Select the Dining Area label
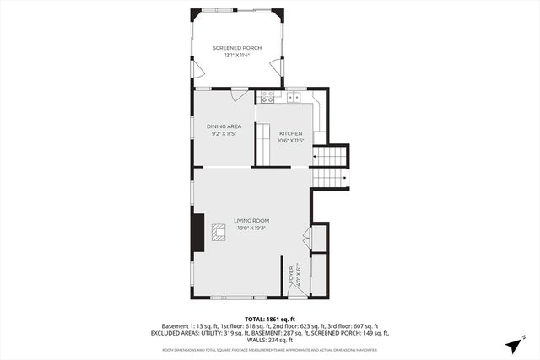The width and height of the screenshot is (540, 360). tap(224, 126)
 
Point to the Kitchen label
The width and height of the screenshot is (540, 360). tap(290, 133)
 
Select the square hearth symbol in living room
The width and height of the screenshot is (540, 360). tap(219, 233)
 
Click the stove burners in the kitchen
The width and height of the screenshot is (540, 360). tap(265, 95)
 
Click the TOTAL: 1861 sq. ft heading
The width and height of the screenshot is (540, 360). tap(270, 319)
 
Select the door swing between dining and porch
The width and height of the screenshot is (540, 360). tap(239, 94)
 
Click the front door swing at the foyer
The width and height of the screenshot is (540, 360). tap(296, 289)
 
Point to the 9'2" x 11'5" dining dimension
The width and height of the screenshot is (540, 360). tap(224, 134)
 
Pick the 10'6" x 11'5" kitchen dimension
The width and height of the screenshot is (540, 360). tap(290, 141)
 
